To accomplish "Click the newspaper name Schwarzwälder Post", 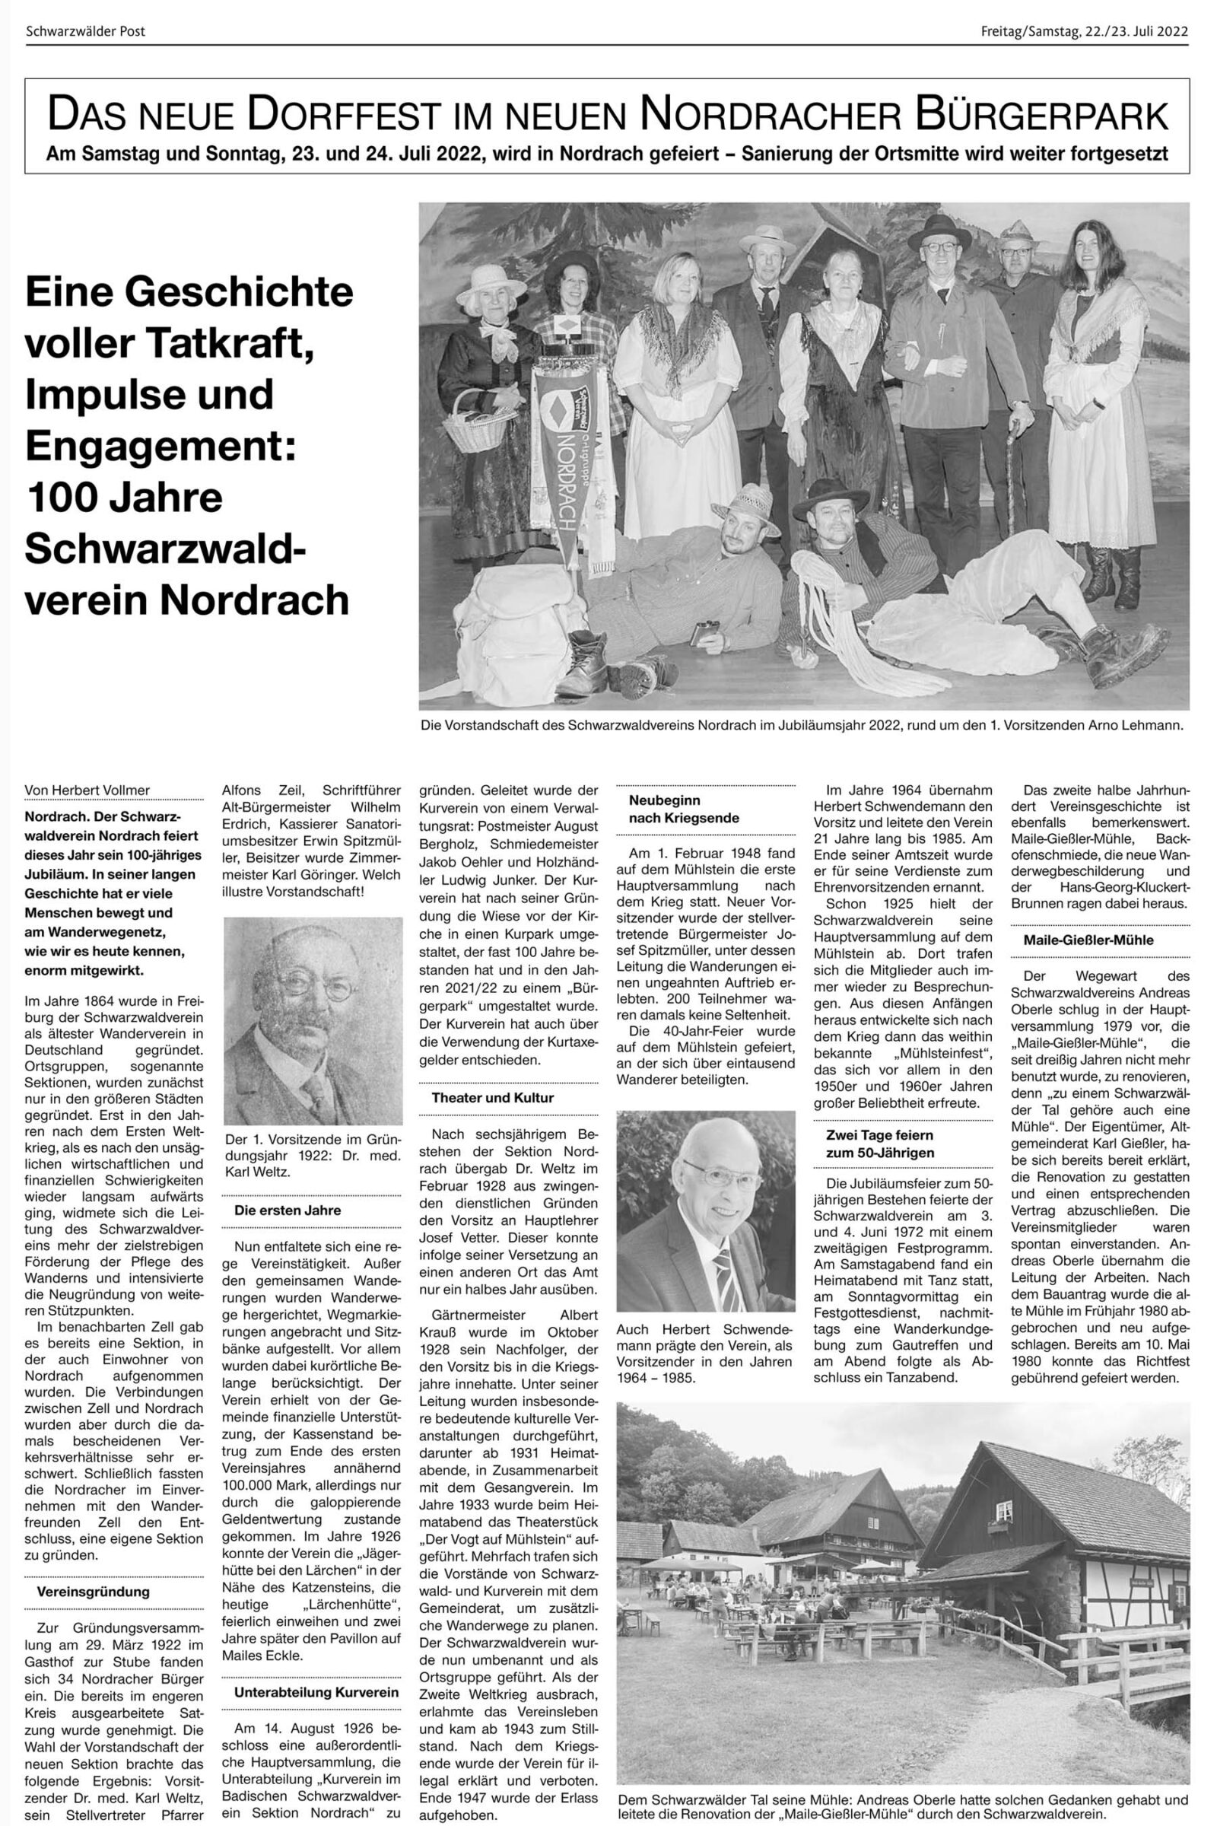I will coord(85,32).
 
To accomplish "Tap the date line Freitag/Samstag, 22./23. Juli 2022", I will coord(1085,32).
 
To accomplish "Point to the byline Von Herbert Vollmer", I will coord(87,791).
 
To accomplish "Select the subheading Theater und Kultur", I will coord(493,1098).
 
